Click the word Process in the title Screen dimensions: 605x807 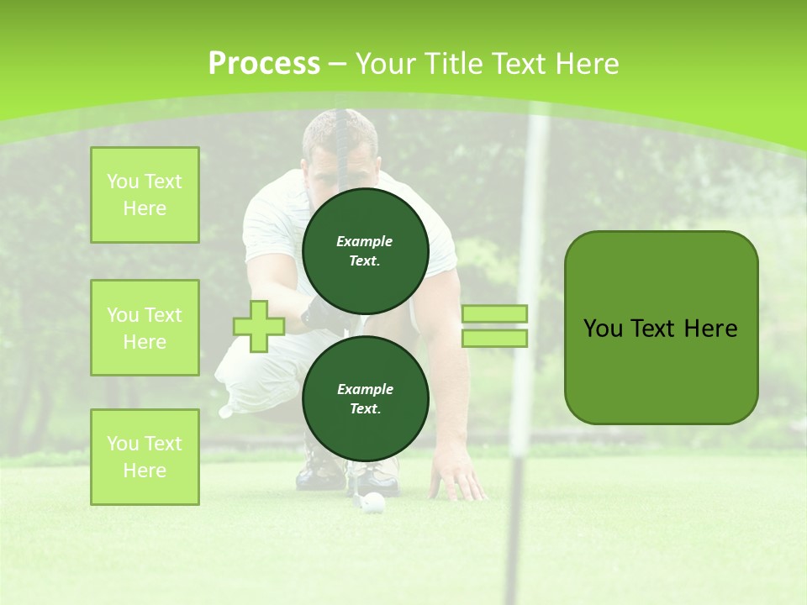264,64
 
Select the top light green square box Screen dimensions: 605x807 145,195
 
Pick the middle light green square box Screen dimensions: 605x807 145,328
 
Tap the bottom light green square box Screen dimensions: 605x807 145,457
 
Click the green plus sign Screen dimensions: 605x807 259,326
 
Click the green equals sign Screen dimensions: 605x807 494,326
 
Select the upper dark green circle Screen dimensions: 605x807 365,251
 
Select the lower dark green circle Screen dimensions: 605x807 365,399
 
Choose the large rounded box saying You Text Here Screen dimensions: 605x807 661,328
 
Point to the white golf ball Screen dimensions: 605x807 374,502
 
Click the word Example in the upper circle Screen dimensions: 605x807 365,241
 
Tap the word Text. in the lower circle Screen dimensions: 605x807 365,409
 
